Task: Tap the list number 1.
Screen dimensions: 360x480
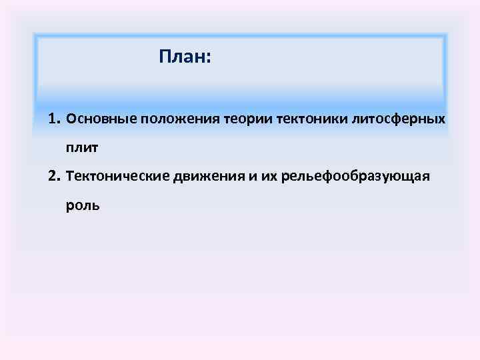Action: coord(53,119)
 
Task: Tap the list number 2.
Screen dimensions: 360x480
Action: coord(53,177)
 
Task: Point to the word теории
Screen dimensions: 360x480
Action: coord(242,119)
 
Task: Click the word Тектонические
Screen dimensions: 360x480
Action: coord(118,177)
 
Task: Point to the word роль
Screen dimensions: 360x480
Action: coord(83,205)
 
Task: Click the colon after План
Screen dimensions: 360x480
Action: coord(209,59)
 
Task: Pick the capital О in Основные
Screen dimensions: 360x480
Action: coord(71,119)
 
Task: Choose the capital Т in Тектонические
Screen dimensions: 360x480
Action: coord(71,177)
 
